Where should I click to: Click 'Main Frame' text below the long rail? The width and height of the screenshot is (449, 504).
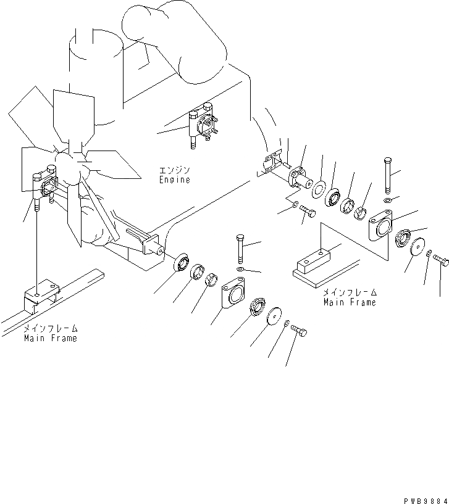pyautogui.click(x=51, y=338)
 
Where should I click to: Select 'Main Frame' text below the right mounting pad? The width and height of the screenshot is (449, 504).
pyautogui.click(x=350, y=302)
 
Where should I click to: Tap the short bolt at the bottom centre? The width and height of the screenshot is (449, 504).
pyautogui.click(x=300, y=331)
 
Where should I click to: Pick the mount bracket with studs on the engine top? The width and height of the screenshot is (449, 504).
pyautogui.click(x=201, y=126)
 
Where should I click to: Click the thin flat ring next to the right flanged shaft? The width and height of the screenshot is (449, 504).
pyautogui.click(x=320, y=188)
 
